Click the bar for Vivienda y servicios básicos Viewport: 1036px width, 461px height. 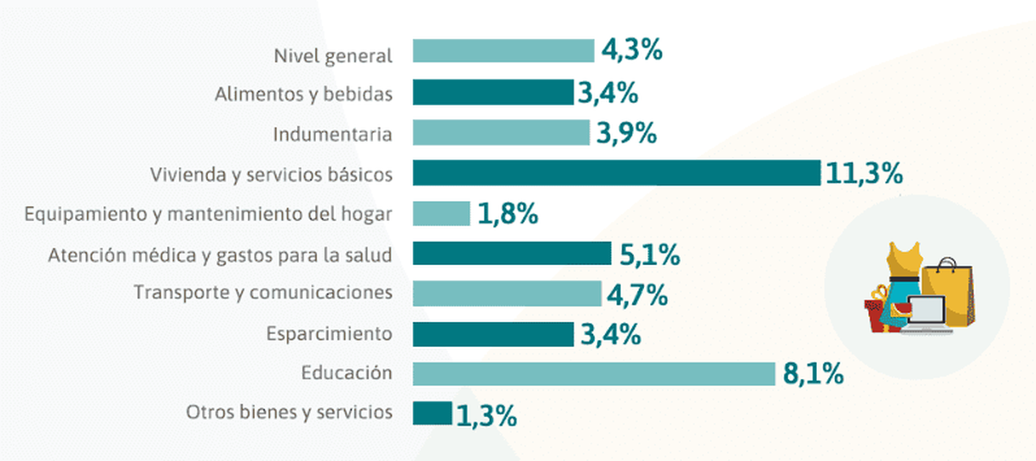pyautogui.click(x=616, y=173)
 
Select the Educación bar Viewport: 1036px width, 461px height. pyautogui.click(x=594, y=374)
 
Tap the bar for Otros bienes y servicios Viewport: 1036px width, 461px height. pyautogui.click(x=432, y=414)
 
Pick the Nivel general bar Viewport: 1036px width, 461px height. pyautogui.click(x=503, y=51)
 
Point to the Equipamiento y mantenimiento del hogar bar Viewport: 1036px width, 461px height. pyautogui.click(x=441, y=213)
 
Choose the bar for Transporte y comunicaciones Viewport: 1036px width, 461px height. pyautogui.click(x=507, y=294)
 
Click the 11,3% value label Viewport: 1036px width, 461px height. pyautogui.click(x=864, y=174)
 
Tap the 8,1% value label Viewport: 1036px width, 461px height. pyautogui.click(x=813, y=375)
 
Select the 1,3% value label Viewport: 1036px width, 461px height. pyautogui.click(x=486, y=415)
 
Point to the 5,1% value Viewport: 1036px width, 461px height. pyautogui.click(x=649, y=255)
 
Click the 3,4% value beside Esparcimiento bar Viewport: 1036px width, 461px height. pyautogui.click(x=610, y=334)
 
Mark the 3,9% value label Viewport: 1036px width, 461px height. pyautogui.click(x=627, y=134)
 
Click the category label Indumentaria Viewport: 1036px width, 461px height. pyautogui.click(x=332, y=134)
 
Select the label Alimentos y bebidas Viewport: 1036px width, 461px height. pyautogui.click(x=304, y=93)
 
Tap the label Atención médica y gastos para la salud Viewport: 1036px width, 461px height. pyautogui.click(x=220, y=255)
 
